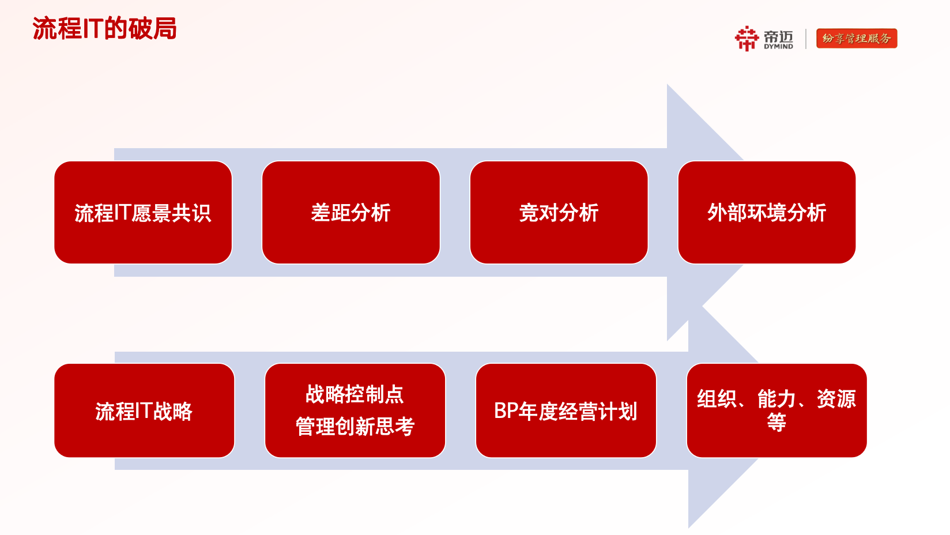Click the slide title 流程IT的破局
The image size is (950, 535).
point(104,28)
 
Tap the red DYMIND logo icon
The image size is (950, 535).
point(747,39)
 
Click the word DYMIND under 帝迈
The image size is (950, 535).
point(778,46)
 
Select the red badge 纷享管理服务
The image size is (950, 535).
point(857,39)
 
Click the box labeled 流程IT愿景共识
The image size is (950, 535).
point(143,212)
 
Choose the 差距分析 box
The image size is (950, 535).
point(350,212)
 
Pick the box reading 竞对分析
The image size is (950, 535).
point(559,212)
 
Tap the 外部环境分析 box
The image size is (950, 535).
point(767,212)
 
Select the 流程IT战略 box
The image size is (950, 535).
point(144,410)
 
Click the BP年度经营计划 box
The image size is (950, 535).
point(566,410)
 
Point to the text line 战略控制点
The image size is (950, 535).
point(355,394)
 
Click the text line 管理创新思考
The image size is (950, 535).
point(355,427)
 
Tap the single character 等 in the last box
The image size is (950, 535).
point(776,422)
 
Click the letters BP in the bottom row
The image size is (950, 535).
point(506,410)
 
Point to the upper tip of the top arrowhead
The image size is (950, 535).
point(668,85)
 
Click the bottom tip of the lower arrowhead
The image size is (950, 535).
point(689,528)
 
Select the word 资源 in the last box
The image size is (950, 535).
point(836,399)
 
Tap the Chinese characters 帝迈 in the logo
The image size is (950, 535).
point(778,36)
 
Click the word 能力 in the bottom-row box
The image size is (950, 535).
point(777,399)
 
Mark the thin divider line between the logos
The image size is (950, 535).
point(806,39)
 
